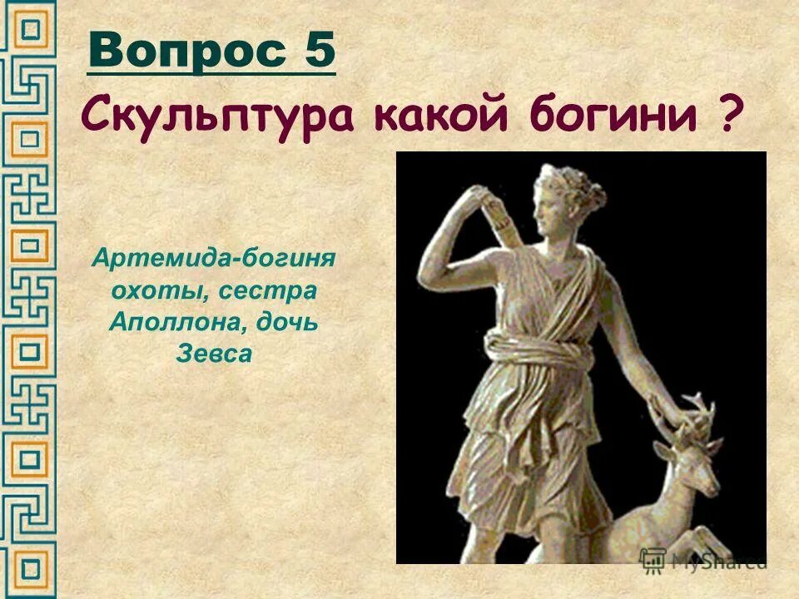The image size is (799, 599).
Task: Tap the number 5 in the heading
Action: [318, 54]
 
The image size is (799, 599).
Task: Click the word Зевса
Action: [213, 354]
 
